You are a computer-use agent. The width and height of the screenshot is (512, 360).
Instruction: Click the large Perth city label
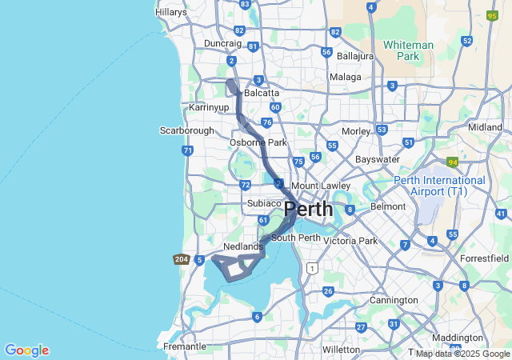point(309,210)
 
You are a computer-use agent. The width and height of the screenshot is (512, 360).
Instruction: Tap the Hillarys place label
point(170,12)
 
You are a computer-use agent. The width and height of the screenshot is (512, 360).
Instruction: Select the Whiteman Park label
point(408,50)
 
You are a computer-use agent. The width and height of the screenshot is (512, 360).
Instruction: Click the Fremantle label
point(184,346)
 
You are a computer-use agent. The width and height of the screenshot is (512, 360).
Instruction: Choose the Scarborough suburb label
point(187,130)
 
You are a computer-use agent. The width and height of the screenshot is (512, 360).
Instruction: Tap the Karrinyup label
point(209,106)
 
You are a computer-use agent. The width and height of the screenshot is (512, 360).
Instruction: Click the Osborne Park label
point(258,142)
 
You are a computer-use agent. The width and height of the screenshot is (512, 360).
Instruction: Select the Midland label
point(485,127)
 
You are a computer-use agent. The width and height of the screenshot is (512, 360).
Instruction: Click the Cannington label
point(394,300)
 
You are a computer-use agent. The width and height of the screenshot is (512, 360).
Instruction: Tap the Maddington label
point(457,338)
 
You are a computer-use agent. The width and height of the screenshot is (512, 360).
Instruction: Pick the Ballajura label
point(355,57)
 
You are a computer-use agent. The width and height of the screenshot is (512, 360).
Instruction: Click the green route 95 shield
point(492,15)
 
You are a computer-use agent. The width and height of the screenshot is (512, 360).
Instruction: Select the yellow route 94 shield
point(452,162)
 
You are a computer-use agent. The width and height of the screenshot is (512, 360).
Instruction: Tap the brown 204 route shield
point(180,259)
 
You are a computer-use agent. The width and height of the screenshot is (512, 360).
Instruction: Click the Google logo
point(26,350)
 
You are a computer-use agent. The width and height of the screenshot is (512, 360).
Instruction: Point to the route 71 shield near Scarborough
point(187,150)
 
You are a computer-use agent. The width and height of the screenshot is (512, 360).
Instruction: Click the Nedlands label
point(243,246)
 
